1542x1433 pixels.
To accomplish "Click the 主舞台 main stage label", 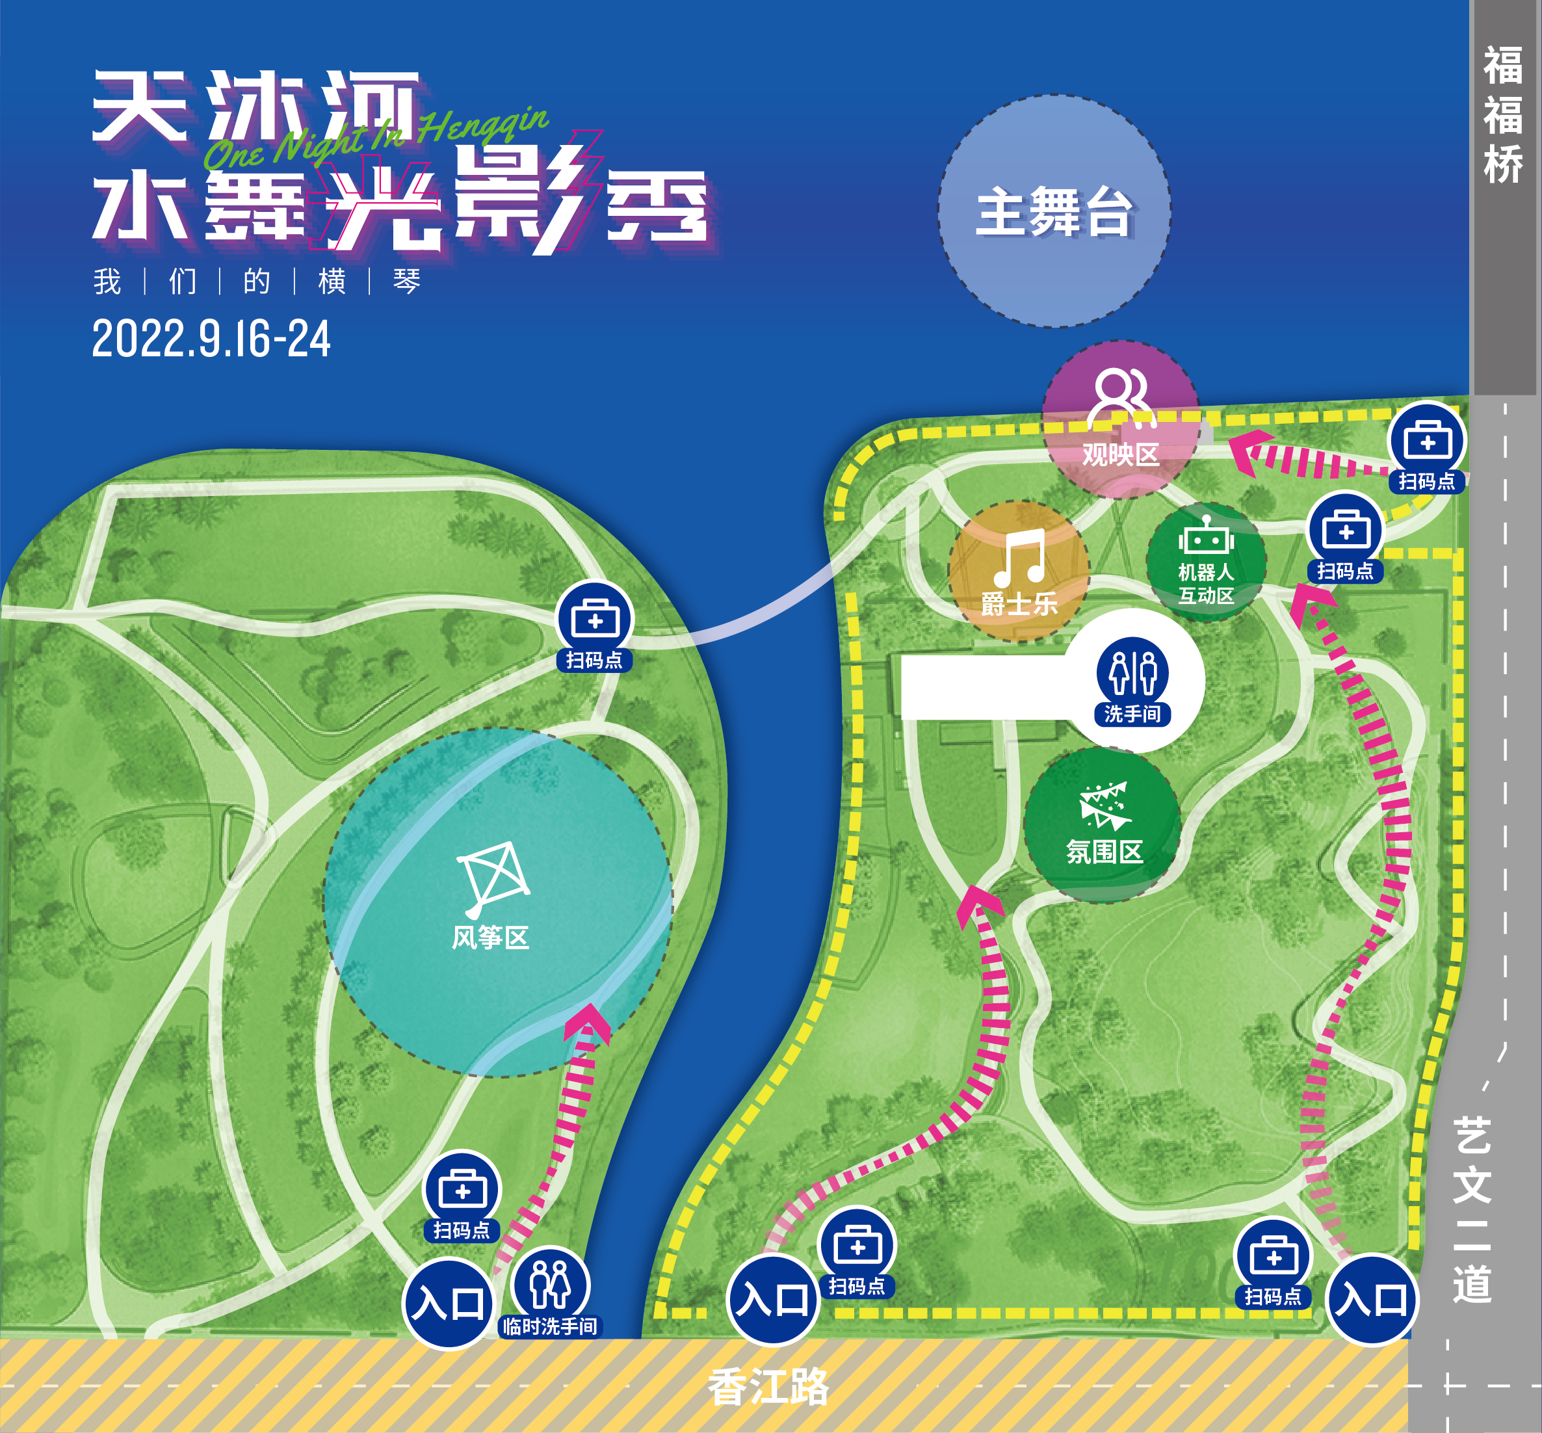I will point(1054,212).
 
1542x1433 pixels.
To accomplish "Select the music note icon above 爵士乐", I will point(1020,559).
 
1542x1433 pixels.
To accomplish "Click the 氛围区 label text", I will point(1104,852).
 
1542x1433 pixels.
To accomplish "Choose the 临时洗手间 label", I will point(551,1326).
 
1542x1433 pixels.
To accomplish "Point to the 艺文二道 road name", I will point(1471,1211).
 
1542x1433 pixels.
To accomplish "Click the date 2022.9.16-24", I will point(211,339).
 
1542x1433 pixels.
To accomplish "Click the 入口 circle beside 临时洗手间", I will point(448,1304).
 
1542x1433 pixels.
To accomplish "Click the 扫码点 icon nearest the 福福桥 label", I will point(1428,440).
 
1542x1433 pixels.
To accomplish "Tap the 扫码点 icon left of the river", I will point(595,619).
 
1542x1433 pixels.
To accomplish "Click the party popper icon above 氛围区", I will point(1104,806).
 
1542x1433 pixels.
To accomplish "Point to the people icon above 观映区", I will point(1121,395).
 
